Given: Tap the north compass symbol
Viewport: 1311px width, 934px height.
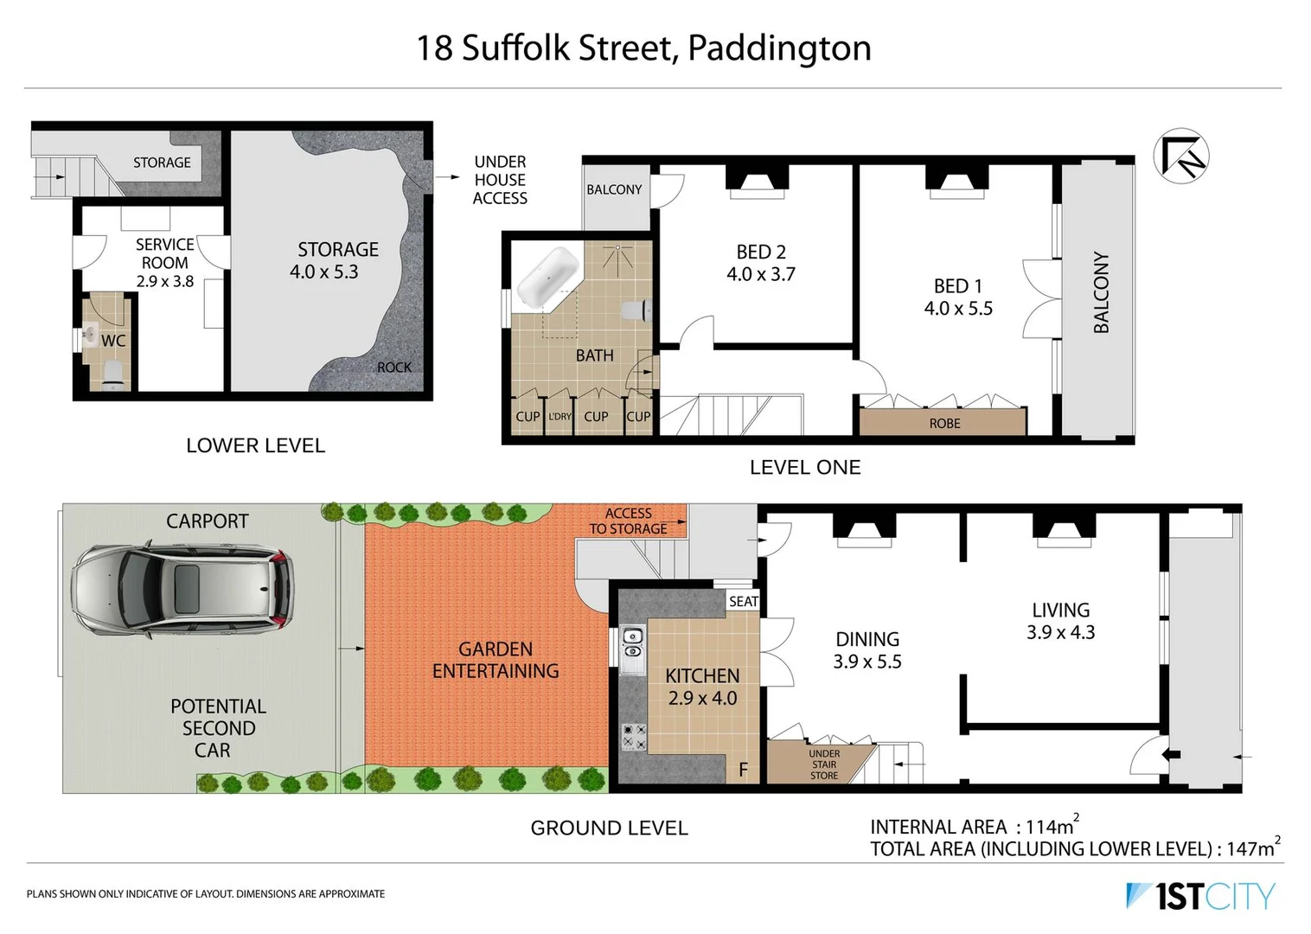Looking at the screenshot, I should tap(1181, 157).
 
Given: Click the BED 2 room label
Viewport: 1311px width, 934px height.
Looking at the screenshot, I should tap(761, 263).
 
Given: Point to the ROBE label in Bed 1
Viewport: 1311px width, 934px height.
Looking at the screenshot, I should tap(944, 423).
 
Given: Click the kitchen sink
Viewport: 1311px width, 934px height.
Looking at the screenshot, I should tap(633, 645).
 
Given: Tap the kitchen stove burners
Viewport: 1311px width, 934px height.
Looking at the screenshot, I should tap(634, 737).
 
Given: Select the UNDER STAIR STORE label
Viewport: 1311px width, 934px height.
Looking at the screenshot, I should tap(824, 764).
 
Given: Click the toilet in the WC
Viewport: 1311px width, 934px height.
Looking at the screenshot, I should tap(112, 372).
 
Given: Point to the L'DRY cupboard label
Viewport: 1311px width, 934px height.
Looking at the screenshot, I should tap(560, 417).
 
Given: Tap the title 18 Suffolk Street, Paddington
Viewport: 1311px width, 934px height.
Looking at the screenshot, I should tap(644, 48).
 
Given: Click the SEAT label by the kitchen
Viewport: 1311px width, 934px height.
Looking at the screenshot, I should tap(743, 601).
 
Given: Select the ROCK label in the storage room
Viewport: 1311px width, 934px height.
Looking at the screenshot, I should tap(394, 367).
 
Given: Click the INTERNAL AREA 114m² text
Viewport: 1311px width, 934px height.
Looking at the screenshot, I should tap(974, 826).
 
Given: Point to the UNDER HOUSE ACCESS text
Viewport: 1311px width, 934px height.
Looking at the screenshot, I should tap(500, 180).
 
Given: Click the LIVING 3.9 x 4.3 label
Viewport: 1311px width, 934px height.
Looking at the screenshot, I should tap(1060, 621).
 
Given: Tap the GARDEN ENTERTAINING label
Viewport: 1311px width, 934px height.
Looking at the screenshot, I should tap(496, 660).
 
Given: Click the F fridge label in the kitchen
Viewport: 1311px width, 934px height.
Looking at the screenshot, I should tap(743, 769).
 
